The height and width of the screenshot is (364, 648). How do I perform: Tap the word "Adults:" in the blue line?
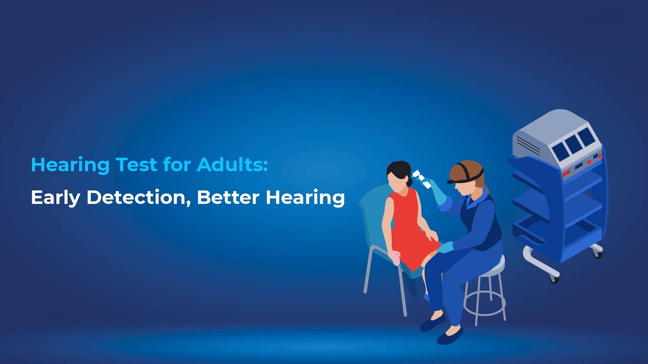pyautogui.click(x=232, y=165)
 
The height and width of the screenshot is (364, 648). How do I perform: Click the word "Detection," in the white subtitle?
pyautogui.click(x=139, y=197)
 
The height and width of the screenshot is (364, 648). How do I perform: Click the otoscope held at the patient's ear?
pyautogui.click(x=421, y=178)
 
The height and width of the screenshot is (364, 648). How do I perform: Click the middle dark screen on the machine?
pyautogui.click(x=573, y=145)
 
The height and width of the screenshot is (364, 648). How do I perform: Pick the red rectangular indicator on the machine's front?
pyautogui.click(x=566, y=173)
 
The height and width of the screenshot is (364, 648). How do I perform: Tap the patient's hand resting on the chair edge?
pyautogui.click(x=395, y=257)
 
